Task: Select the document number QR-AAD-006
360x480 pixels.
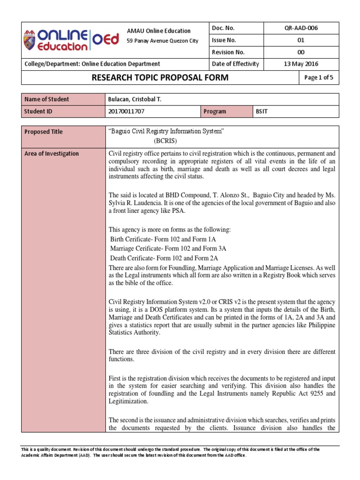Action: [301, 28]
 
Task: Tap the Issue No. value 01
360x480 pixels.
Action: [301, 40]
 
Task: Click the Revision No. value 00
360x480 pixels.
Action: [301, 52]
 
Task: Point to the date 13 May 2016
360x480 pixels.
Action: [301, 64]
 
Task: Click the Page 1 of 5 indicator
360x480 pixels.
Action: [319, 78]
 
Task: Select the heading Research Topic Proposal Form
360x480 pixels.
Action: [159, 78]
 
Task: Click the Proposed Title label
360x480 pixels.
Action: [44, 132]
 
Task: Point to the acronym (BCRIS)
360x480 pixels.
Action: [166, 140]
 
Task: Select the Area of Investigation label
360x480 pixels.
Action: [52, 154]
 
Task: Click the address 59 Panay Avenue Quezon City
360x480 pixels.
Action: [163, 41]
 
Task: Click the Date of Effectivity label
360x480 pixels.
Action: [235, 64]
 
